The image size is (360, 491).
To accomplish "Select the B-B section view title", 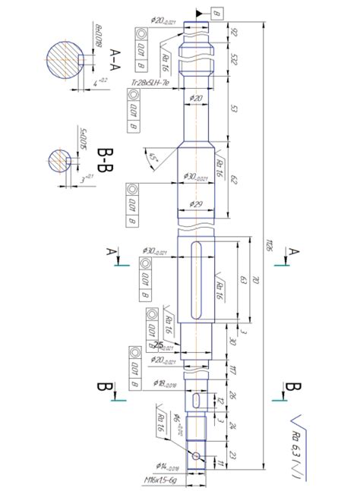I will pyautogui.click(x=106, y=162).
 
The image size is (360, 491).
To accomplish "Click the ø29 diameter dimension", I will pyautogui.click(x=196, y=204).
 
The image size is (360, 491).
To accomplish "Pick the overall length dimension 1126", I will pyautogui.click(x=268, y=244).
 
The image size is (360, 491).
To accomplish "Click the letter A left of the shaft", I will pyautogui.click(x=111, y=250).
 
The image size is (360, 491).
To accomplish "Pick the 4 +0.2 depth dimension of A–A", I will pyautogui.click(x=98, y=81).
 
